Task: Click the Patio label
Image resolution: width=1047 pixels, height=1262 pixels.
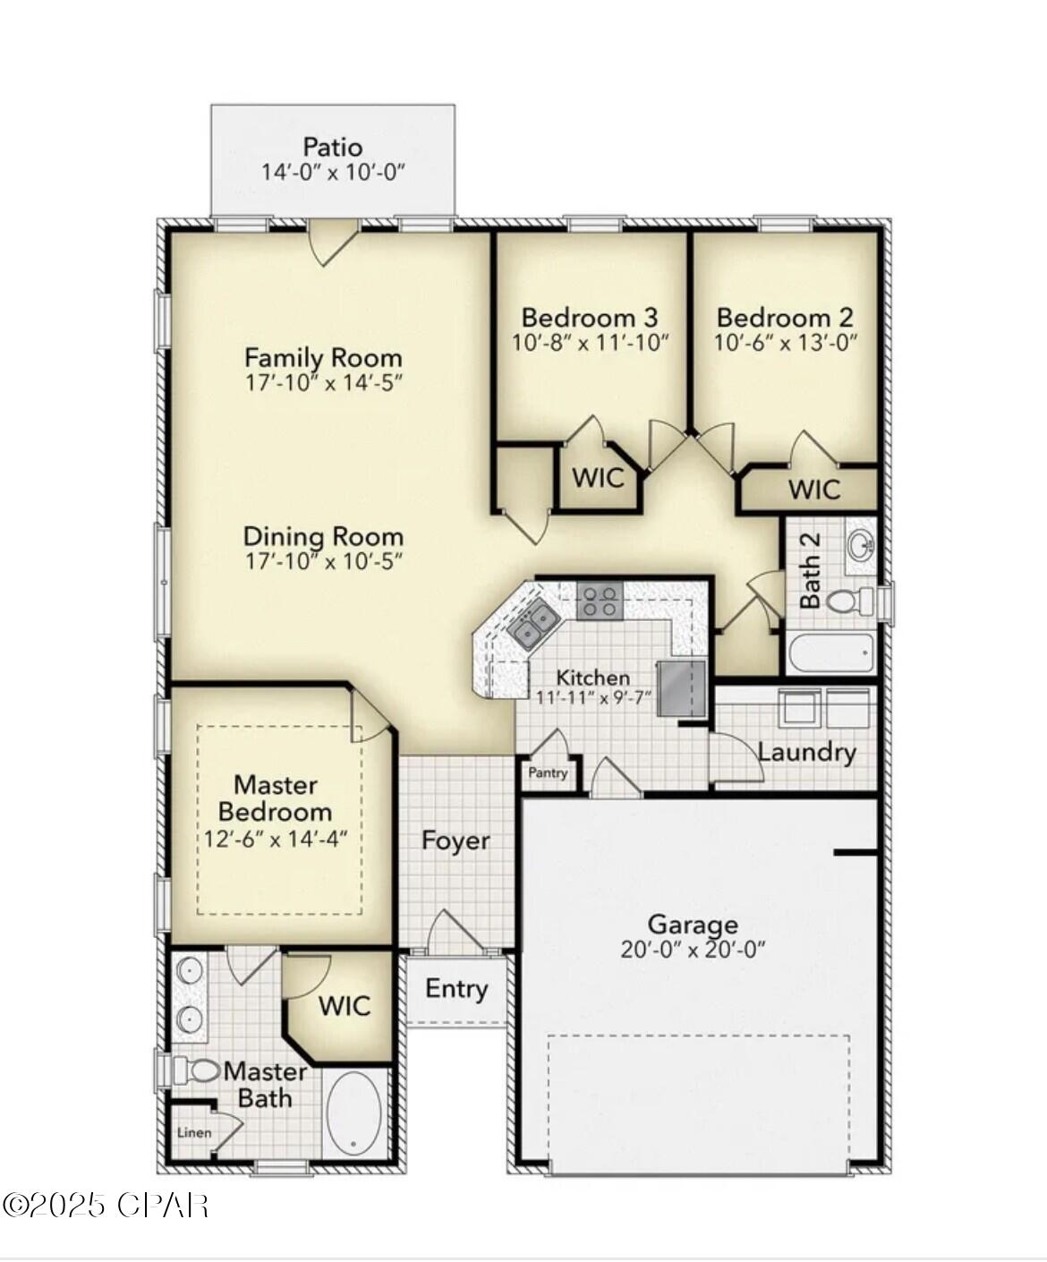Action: [x=333, y=148]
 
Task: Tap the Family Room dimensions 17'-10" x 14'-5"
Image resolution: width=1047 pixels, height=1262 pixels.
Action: [x=323, y=383]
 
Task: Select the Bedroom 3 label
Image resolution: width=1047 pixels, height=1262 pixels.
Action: [x=590, y=318]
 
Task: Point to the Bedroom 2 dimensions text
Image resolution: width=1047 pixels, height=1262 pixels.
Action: [x=786, y=344]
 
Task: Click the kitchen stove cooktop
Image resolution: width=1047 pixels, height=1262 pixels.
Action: [x=599, y=601]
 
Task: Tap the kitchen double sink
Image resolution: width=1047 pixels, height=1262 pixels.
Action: [x=532, y=625]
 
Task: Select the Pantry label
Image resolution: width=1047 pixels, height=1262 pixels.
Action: [x=548, y=772]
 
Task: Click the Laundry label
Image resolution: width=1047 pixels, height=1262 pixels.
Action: [x=806, y=753]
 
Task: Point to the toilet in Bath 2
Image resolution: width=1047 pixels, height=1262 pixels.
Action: [x=849, y=601]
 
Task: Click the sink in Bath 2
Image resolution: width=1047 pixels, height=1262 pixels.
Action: [x=860, y=546]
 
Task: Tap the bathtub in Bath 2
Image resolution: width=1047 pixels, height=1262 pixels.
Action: [x=832, y=652]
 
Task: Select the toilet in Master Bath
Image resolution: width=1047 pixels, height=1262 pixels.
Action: [x=197, y=1071]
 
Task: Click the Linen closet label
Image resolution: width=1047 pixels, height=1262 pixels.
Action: [x=194, y=1132]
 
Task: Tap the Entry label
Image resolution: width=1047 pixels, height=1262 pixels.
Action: [x=456, y=989]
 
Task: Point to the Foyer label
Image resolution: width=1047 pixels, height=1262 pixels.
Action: [x=455, y=840]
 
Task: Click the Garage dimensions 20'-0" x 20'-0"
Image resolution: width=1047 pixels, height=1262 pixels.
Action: [x=693, y=950]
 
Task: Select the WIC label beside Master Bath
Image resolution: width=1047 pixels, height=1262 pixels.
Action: [x=345, y=1006]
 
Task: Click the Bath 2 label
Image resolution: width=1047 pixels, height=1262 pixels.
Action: [x=810, y=570]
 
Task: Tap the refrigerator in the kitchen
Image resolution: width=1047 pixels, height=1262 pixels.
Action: [x=682, y=687]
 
